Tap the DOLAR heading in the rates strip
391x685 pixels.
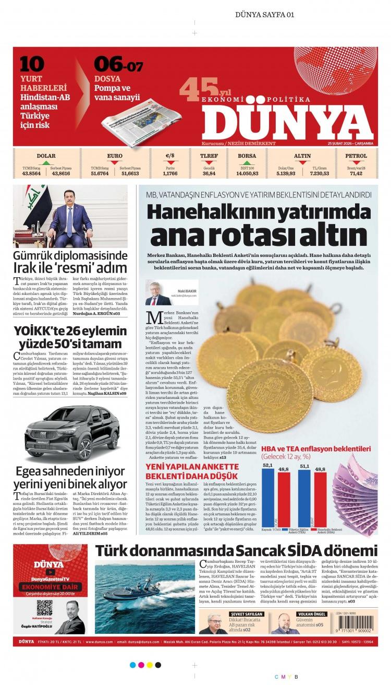(x=46, y=156)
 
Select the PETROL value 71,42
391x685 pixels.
(x=356, y=173)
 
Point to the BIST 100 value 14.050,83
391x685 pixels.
(x=247, y=173)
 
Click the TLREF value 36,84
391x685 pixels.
(x=209, y=173)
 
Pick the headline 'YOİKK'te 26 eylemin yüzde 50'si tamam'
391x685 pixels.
(x=70, y=337)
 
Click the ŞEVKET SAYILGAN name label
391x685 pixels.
(x=247, y=614)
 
